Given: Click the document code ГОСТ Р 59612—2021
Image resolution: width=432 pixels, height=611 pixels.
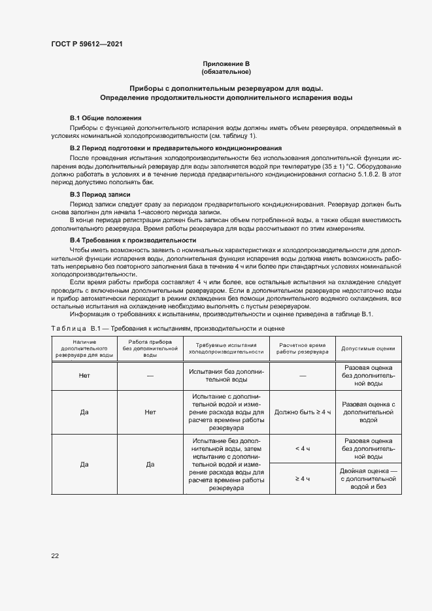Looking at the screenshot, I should click(x=87, y=44).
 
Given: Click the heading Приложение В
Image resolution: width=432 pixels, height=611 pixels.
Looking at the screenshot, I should click(x=226, y=63).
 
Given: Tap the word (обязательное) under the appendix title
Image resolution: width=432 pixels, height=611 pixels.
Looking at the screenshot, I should click(x=226, y=71).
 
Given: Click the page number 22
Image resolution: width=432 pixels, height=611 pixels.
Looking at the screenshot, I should click(x=55, y=555).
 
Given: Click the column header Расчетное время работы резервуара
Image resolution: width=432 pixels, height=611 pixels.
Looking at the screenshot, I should click(x=303, y=348).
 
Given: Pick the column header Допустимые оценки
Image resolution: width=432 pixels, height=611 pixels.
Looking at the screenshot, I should click(x=369, y=348).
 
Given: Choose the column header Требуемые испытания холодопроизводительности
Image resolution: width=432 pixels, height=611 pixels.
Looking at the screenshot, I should click(x=226, y=348).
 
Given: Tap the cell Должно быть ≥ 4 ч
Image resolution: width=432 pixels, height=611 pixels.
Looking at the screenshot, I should click(x=303, y=413).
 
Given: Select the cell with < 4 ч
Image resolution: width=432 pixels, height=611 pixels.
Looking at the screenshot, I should click(x=303, y=449).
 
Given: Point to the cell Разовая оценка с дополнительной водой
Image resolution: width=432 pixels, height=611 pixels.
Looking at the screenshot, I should click(x=369, y=413).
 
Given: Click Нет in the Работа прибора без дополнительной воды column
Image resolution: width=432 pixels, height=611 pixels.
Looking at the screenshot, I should click(x=150, y=413).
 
